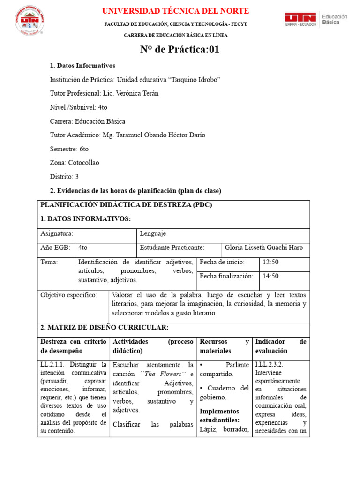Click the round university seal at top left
[30, 20]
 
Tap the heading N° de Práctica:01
[180, 50]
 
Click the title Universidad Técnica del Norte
[175, 11]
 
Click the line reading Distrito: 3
[64, 177]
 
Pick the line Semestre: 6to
[69, 149]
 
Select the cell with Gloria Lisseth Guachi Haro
[264, 247]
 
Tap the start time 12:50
[270, 262]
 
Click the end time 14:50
[270, 276]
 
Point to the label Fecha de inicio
[222, 262]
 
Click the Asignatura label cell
[57, 233]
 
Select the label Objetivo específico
[68, 295]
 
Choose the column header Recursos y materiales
[224, 346]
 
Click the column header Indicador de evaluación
[281, 346]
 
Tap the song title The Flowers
[163, 374]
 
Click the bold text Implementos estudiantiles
[219, 416]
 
